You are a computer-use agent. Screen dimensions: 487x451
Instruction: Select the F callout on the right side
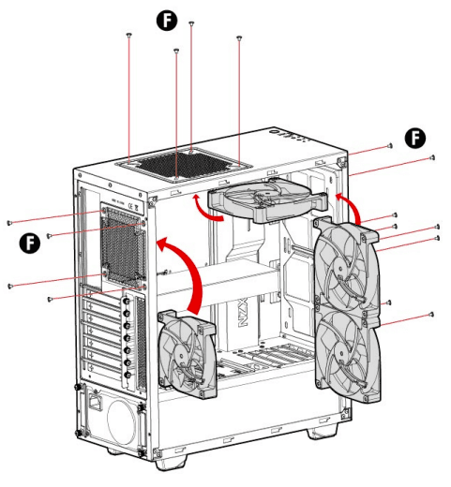coord(414,138)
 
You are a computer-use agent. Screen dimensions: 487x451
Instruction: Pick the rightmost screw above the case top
coord(240,39)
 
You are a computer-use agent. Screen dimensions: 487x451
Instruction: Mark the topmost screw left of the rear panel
coord(8,223)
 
